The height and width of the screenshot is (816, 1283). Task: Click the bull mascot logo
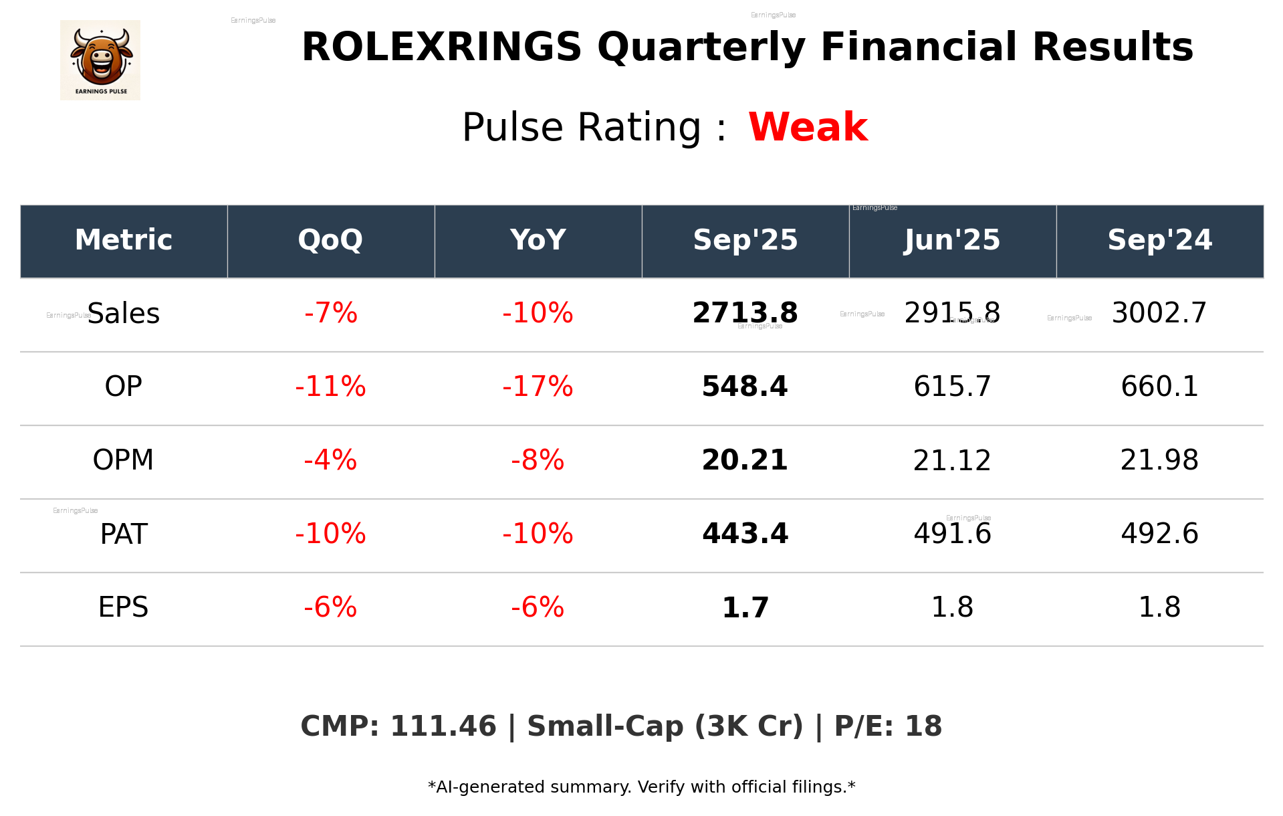100,60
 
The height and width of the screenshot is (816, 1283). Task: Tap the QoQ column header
331,240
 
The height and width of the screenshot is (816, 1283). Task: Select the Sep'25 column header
745,240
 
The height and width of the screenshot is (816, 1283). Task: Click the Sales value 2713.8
745,313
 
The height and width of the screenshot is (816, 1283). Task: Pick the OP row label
124,387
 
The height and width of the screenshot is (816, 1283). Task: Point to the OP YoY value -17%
538,387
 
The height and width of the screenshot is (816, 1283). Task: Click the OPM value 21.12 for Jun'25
952,460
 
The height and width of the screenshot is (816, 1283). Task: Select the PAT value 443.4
745,534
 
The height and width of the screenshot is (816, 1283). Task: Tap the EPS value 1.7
745,607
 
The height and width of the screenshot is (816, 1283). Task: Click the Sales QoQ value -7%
331,313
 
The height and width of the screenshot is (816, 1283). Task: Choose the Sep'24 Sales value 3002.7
1159,313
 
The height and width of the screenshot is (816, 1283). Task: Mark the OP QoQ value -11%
331,387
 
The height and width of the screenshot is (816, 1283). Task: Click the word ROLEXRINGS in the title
441,47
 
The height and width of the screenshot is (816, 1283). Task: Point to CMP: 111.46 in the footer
398,726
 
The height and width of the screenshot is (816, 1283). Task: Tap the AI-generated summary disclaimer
641,787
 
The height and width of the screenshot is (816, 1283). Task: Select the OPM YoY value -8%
538,460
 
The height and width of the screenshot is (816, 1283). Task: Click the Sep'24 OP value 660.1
1159,387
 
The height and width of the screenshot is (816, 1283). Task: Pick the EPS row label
124,607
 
